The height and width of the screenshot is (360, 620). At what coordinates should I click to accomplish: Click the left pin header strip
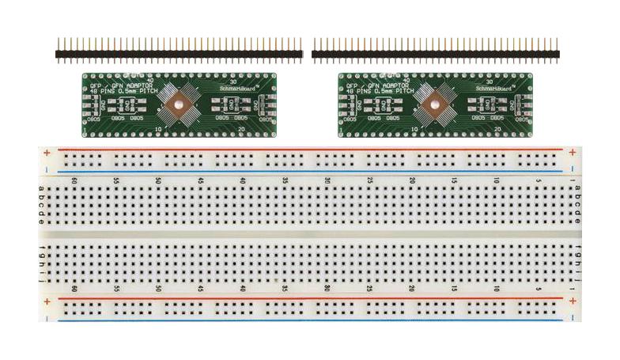coord(179,54)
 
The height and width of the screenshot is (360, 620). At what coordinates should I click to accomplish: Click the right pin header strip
coord(435,54)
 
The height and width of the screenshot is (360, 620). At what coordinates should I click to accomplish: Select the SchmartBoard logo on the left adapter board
coord(235,89)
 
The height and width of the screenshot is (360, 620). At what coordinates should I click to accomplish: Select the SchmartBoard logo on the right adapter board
coord(490,89)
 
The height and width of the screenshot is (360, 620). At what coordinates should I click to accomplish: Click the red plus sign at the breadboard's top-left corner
coord(47,152)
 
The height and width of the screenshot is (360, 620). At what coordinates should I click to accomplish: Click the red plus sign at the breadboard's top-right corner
coord(572,151)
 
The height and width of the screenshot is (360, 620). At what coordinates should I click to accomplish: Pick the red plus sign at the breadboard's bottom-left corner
coord(47,302)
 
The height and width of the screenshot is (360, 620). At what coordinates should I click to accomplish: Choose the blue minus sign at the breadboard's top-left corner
coord(47,170)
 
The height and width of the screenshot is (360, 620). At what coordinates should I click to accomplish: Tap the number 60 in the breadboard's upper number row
coord(74,181)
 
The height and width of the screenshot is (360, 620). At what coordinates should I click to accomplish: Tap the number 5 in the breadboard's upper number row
coord(538,181)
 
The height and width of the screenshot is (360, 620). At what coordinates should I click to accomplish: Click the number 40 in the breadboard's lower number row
coord(242,290)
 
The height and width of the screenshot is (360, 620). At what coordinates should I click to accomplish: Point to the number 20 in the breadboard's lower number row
coord(411,290)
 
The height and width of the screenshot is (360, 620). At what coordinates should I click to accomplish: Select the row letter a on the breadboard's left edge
coord(41,188)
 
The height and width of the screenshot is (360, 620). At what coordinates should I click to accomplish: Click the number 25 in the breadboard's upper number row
coord(369,181)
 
